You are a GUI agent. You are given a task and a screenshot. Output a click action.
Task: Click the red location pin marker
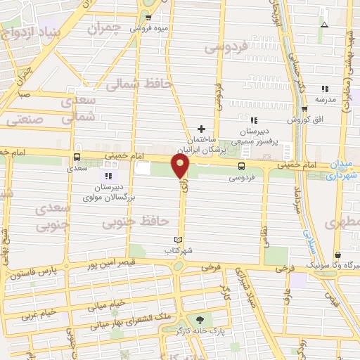[181, 166]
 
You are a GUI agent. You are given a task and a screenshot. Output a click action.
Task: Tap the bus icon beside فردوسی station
[242, 167]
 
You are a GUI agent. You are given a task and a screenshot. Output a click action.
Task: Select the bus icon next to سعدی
[77, 157]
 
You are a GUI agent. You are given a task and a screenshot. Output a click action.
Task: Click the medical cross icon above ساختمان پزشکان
[202, 129]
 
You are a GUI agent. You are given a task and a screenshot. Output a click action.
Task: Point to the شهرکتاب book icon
[187, 239]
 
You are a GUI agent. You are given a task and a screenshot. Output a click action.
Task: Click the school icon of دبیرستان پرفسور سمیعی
[254, 121]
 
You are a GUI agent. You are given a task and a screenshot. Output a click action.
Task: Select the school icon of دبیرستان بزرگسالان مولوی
[108, 176]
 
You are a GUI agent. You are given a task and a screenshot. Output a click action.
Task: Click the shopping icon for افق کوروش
[304, 109]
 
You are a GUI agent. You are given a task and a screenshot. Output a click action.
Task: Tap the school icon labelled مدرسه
[324, 89]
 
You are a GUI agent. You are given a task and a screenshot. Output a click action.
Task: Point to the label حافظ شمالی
[139, 84]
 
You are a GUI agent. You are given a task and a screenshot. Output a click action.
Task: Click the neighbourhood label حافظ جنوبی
[136, 223]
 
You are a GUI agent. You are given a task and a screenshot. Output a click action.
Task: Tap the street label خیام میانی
[107, 304]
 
